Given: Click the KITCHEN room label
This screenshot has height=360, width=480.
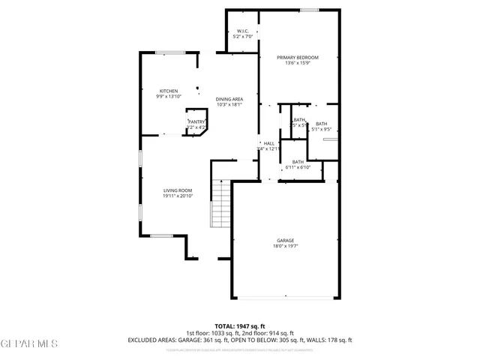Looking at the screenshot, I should click(x=168, y=91).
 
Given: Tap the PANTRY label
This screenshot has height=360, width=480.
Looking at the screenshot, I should click(x=196, y=121).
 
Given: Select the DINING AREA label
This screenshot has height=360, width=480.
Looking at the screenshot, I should click(x=229, y=99).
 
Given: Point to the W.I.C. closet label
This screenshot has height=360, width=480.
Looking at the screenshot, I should click(x=243, y=31).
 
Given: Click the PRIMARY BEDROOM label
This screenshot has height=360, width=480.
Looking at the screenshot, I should click(x=297, y=58).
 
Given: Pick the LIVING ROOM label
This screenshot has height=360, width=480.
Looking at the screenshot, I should click(x=178, y=190).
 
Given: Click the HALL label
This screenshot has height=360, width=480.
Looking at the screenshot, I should click(x=268, y=143).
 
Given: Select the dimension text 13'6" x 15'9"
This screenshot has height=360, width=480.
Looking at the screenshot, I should click(x=297, y=63).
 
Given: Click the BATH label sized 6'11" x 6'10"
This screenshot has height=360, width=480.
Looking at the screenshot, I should click(x=298, y=162).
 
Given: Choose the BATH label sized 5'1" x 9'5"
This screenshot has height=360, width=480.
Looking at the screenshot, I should click(x=321, y=124).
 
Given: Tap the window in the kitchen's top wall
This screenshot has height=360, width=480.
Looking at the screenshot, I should click(x=166, y=52).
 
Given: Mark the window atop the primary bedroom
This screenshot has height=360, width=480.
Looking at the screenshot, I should click(x=308, y=10).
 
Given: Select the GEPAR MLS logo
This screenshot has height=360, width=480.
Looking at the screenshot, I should click(x=28, y=344).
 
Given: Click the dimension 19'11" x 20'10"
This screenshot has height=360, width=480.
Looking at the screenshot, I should click(x=178, y=196).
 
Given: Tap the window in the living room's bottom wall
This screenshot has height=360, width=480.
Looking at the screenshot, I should click(x=161, y=237).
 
